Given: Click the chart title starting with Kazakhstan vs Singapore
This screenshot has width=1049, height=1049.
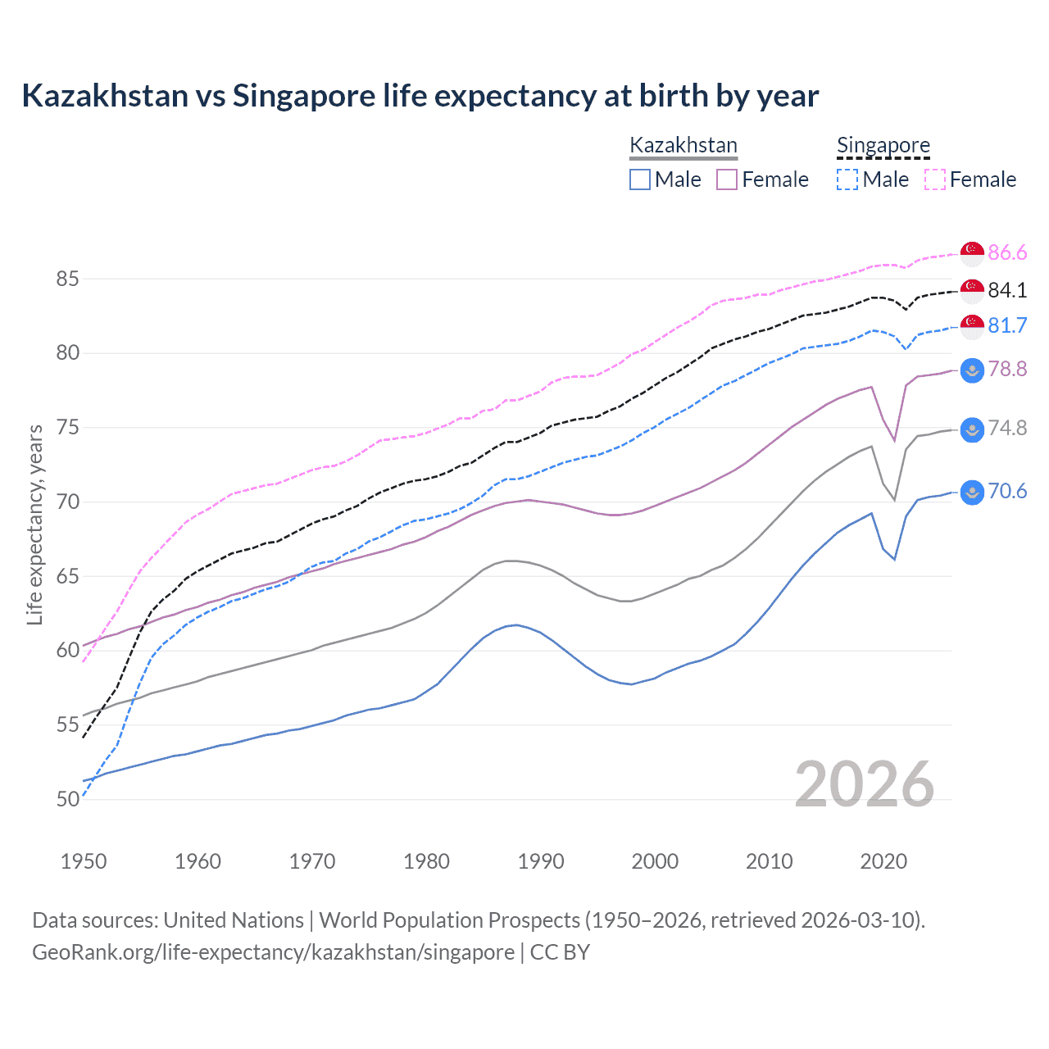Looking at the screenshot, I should pos(420,96).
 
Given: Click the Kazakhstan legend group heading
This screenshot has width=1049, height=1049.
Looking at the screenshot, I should pos(683,146).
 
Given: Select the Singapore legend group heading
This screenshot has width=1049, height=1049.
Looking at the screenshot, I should pos(883,146).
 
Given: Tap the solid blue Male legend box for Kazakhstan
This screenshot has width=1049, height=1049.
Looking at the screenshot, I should pos(640,179).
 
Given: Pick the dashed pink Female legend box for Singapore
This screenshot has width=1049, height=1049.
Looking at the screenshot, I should pos(935,179).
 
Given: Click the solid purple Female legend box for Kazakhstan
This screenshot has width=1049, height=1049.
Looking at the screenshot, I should pos(727,179).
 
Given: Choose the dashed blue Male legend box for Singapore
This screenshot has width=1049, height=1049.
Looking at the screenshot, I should pos(847,179).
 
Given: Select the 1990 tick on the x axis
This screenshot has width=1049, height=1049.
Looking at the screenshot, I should pos(541,861).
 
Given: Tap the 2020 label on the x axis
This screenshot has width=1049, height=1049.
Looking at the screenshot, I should pos(883,861).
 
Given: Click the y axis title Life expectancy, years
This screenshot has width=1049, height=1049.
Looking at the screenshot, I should pos(34,524).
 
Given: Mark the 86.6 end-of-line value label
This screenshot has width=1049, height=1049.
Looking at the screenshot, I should pos(1007,253).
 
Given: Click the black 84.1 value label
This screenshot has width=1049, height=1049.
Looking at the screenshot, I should pos(1007,290).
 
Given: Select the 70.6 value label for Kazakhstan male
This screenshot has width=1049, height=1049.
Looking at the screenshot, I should pos(1007,492).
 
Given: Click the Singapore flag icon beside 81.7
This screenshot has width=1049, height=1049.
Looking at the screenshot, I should pos(972,326).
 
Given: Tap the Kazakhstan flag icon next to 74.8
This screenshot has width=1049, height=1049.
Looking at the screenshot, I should pos(972,429).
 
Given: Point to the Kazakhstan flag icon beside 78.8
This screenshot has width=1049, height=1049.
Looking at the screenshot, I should pos(972,370).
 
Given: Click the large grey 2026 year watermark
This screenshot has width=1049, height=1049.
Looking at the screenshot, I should pos(864,784).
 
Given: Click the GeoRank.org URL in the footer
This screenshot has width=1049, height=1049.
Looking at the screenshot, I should pos(273,952).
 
